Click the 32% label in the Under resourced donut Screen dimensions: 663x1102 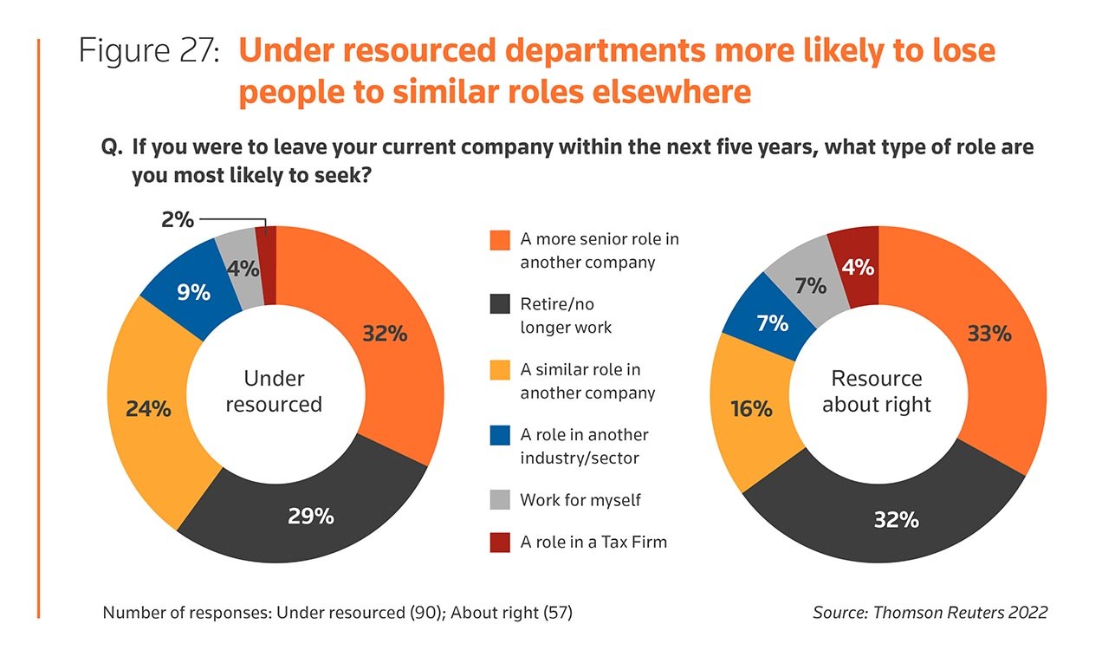tap(385, 334)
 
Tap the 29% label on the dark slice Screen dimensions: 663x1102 tap(311, 517)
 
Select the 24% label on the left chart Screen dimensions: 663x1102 tap(148, 409)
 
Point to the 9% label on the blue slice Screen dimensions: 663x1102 tap(193, 293)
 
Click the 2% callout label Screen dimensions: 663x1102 tap(178, 219)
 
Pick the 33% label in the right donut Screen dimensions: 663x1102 tap(989, 333)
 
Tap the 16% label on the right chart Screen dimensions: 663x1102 tap(751, 409)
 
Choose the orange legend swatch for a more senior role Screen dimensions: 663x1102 tap(499, 239)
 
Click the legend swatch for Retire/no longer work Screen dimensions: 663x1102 tap(499, 305)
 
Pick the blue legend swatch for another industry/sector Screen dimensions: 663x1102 tap(499, 435)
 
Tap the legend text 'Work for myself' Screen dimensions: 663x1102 tap(580, 500)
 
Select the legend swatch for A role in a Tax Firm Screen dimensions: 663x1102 tap(499, 543)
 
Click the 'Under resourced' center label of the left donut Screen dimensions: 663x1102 tap(274, 391)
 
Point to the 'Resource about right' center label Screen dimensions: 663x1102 tap(877, 391)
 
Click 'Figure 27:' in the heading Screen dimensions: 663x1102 tap(148, 51)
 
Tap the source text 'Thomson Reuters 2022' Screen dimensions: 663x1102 tap(959, 613)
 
